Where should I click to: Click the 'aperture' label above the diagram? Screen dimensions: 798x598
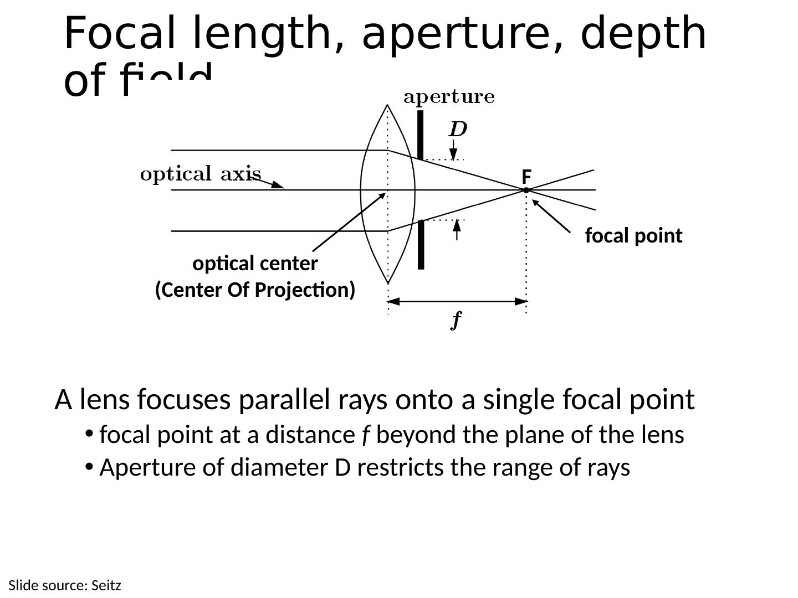pos(449,97)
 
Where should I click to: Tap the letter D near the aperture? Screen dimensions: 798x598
pos(458,130)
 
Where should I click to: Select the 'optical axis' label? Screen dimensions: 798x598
pos(200,174)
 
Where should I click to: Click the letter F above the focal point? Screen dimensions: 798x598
pos(526,177)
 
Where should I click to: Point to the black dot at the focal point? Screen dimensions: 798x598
pos(526,190)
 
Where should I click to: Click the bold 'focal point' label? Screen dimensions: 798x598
pos(633,236)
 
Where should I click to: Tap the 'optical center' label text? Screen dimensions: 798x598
pos(255,264)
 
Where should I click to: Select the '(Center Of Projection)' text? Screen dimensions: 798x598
pos(255,290)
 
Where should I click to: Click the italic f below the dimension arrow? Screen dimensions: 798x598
pos(456,320)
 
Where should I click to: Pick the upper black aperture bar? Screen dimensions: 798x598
pos(421,135)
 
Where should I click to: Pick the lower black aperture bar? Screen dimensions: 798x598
pos(421,244)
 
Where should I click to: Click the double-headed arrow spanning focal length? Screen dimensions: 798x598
pos(457,302)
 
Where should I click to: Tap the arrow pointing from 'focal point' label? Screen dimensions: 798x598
pos(551,216)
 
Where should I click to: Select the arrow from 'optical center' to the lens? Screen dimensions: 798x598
pos(349,222)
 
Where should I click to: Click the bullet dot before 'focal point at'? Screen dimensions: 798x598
pos(88,434)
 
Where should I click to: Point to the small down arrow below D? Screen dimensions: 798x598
pos(453,150)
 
